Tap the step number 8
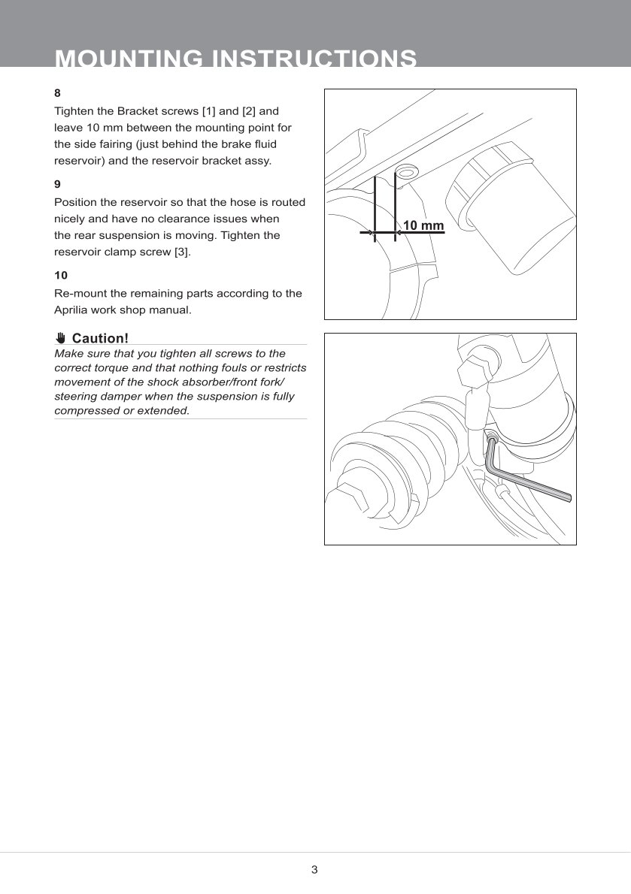(57, 93)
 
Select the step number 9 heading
(57, 183)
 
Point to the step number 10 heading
(61, 275)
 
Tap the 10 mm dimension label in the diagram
(423, 225)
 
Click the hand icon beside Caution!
(61, 338)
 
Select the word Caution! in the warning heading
(100, 338)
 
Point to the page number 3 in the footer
(314, 870)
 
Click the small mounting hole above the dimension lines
(405, 172)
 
